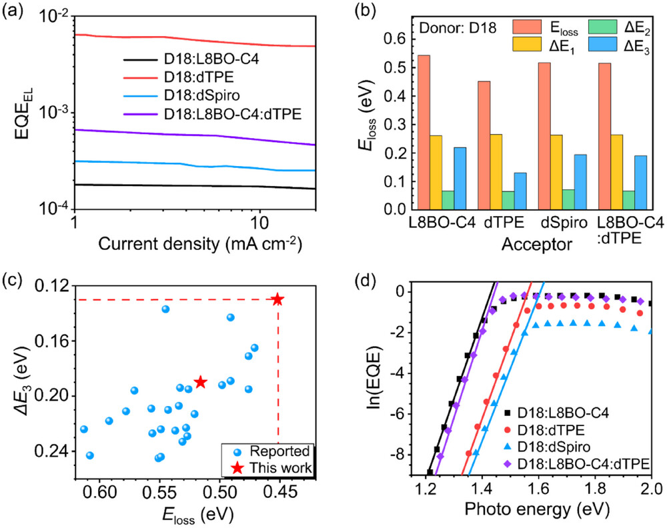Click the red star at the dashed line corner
click(277, 299)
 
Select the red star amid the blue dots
click(201, 382)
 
